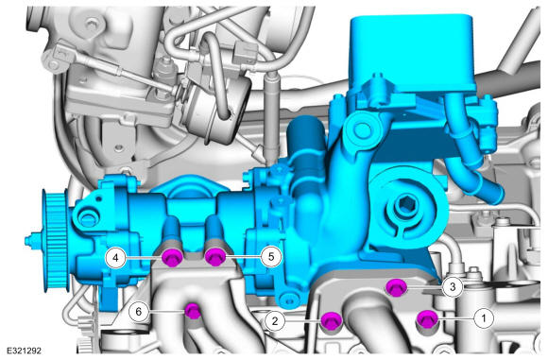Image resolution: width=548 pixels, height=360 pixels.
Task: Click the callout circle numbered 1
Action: pos(484,318)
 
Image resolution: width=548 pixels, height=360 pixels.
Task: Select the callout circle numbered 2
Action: pos(275,320)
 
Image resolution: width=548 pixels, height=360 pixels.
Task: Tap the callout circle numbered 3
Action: pos(453,287)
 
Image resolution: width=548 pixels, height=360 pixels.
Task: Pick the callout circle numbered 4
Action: pos(115,258)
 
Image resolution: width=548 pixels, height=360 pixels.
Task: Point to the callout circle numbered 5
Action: pos(271,257)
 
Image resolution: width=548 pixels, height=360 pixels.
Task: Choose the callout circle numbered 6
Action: pos(138,311)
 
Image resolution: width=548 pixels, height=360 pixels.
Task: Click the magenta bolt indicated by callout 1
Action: pos(428,318)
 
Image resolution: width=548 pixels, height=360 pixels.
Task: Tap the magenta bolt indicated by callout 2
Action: pos(332,321)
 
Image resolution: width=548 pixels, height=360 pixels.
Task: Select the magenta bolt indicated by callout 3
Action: pos(396,287)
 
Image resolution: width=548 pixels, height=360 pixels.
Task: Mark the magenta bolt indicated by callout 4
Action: pos(173,258)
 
